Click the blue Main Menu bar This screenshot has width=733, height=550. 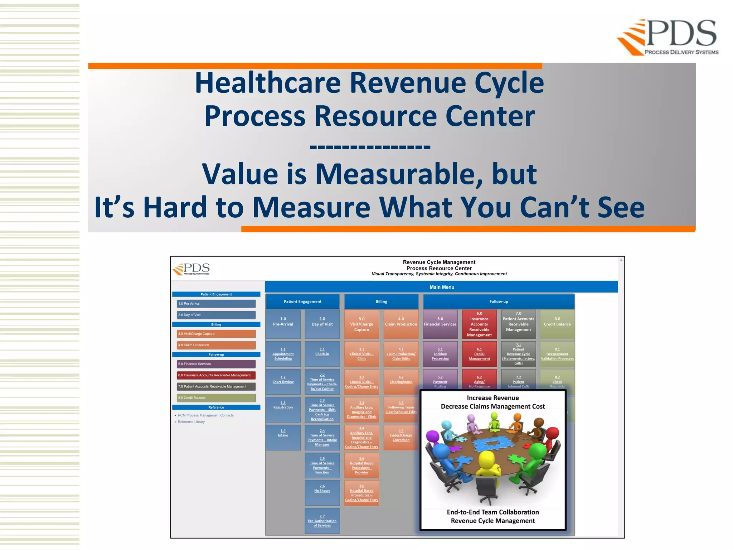tap(441, 287)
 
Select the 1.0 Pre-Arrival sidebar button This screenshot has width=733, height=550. tap(216, 304)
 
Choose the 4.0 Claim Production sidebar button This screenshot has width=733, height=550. tap(216, 345)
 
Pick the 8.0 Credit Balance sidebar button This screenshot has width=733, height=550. tap(216, 398)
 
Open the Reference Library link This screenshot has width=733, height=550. tap(191, 422)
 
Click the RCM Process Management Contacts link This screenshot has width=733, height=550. tap(205, 415)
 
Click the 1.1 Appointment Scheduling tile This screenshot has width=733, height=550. tap(283, 354)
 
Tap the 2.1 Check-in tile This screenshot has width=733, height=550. tap(322, 352)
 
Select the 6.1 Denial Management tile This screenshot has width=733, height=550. tap(479, 354)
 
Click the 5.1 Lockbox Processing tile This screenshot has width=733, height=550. tap(440, 354)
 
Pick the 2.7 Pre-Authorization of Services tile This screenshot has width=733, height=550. tap(322, 521)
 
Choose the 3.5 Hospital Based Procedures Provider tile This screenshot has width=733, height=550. tap(361, 465)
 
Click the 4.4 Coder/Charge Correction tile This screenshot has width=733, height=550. tap(401, 435)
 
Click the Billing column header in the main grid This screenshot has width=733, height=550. tap(381, 301)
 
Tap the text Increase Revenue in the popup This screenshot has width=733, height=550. tap(492, 398)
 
